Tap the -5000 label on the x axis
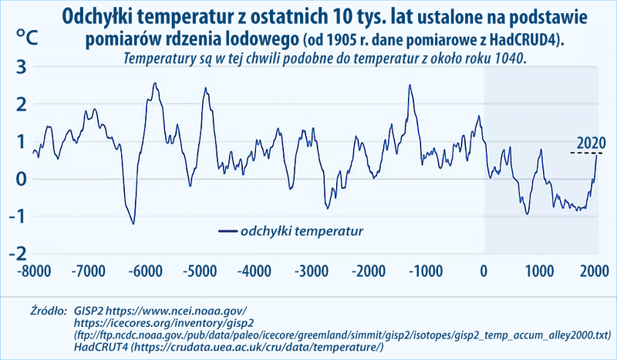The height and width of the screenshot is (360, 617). click(x=200, y=271)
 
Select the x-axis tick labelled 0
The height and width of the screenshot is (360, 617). click(x=484, y=271)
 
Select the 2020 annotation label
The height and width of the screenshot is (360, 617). click(x=590, y=143)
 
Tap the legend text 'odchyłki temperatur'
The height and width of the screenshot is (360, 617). click(x=302, y=230)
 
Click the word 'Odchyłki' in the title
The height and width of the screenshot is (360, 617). click(x=99, y=16)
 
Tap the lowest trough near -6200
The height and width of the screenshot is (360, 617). click(x=133, y=224)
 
